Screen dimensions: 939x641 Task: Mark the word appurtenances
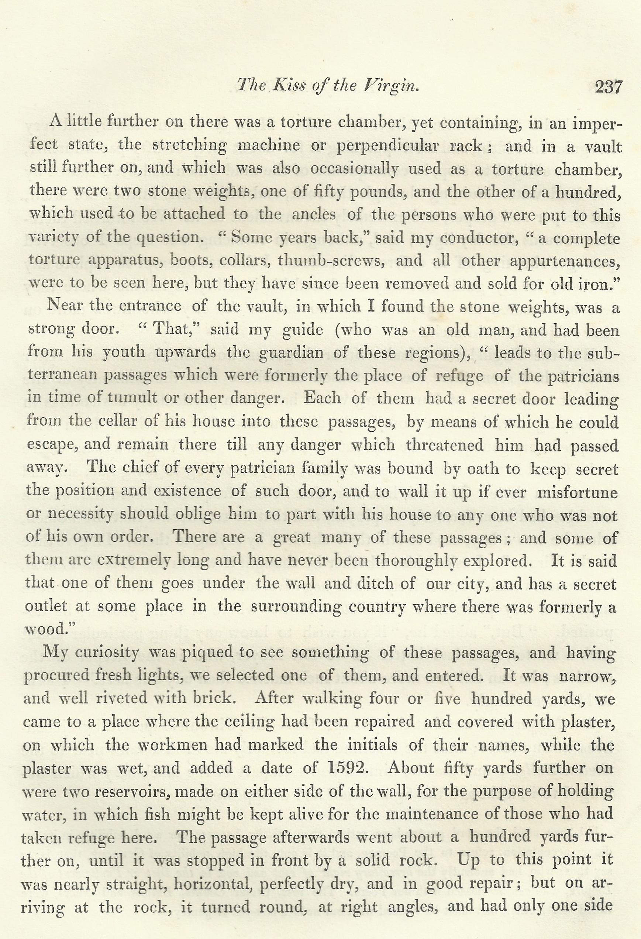point(565,261)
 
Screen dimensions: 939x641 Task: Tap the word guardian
point(290,353)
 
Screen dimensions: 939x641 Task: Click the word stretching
point(189,145)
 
